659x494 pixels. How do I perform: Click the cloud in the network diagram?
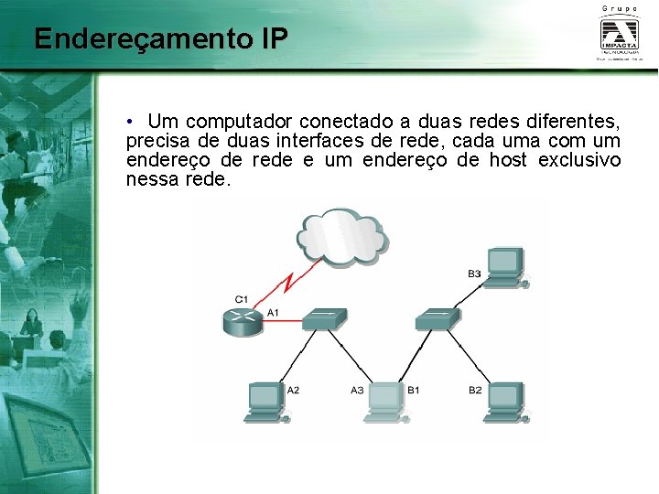pos(340,236)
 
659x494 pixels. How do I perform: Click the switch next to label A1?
pos(325,319)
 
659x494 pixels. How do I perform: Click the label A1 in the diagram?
pos(272,313)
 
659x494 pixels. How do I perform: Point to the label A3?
pos(357,391)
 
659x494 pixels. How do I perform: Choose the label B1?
pos(414,391)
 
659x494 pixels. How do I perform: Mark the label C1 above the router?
pos(242,299)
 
